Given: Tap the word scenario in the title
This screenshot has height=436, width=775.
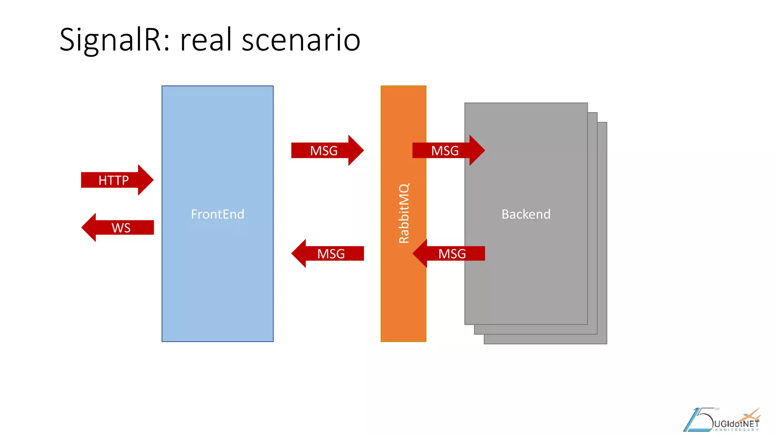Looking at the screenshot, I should (x=301, y=40).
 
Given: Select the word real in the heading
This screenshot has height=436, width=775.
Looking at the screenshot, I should (x=206, y=40).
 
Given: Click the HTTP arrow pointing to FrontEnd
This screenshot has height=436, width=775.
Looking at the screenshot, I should (x=114, y=180).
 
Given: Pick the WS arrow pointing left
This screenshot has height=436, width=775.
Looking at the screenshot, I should (x=121, y=227).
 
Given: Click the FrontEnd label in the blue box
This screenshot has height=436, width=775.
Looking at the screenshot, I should (x=217, y=214).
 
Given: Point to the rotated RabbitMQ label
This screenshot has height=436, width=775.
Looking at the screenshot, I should (x=404, y=213).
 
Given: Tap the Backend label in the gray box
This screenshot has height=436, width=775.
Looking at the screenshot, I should (x=526, y=214).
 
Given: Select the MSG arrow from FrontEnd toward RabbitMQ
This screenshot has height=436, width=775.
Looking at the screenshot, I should (x=324, y=151).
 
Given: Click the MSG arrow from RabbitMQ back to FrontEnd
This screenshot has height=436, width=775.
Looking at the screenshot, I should (x=331, y=254).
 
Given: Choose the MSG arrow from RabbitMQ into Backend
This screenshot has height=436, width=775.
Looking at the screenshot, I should (x=445, y=151).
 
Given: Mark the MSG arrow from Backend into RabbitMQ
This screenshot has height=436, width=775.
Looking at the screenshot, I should (x=452, y=254).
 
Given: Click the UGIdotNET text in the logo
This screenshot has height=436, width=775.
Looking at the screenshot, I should (x=736, y=424).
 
